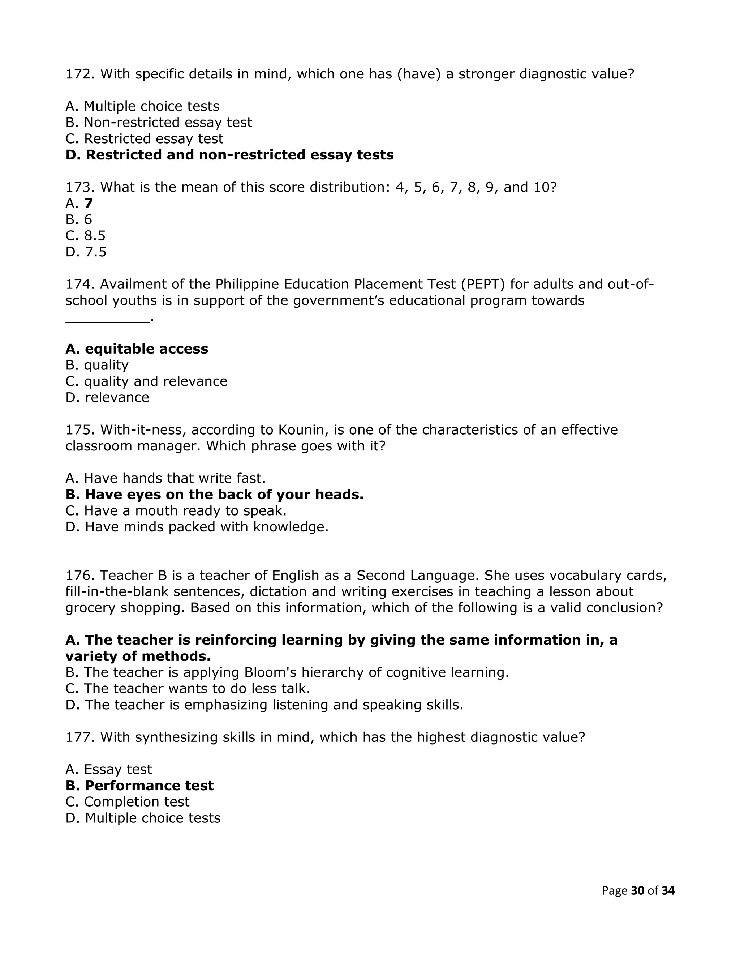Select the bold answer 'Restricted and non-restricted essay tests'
(229, 155)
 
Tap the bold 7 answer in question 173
(89, 204)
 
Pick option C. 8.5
(86, 236)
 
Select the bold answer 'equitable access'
(137, 349)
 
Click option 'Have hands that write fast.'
(166, 479)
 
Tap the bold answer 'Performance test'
(139, 786)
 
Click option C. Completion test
(127, 802)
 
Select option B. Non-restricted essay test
(159, 123)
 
